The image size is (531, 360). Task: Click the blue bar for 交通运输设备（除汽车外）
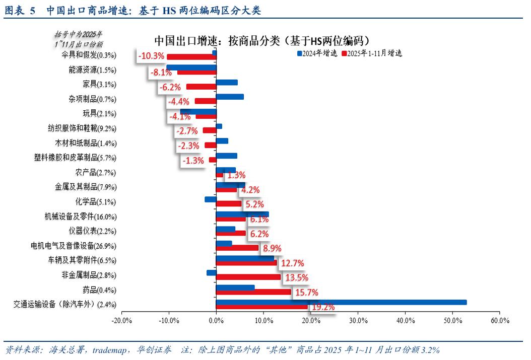pyautogui.click(x=341, y=302)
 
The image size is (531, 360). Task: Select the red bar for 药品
pyautogui.click(x=253, y=292)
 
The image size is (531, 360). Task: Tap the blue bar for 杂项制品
pyautogui.click(x=230, y=97)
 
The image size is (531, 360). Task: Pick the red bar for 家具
pyautogui.click(x=201, y=87)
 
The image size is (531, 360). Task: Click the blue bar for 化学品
pyautogui.click(x=211, y=199)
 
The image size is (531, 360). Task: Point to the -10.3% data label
pyautogui.click(x=152, y=56)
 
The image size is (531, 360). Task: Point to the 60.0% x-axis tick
pyautogui.click(x=499, y=320)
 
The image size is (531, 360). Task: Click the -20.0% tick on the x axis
pyautogui.click(x=121, y=320)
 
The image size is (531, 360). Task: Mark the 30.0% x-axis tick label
pyautogui.click(x=358, y=320)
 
